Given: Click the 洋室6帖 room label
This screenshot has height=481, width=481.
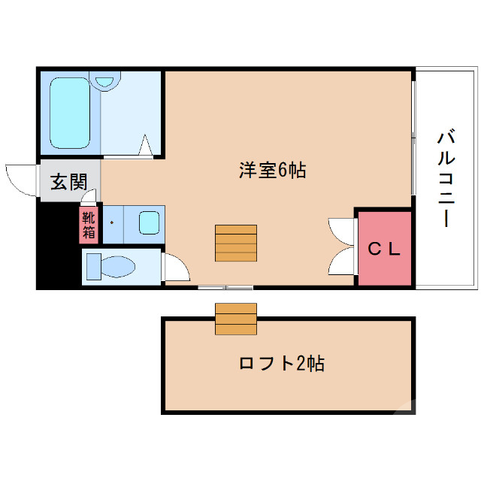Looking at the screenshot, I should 272,171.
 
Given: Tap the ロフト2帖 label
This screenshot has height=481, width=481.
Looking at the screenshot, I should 282,364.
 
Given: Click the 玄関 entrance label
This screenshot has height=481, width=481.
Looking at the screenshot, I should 68,182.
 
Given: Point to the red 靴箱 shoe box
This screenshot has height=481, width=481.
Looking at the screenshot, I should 89,225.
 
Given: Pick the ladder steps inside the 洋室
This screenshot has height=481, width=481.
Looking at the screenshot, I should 236,243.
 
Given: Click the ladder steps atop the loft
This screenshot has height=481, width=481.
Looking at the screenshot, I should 236,319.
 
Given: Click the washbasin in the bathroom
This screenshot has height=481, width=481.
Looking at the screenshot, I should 106,80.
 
